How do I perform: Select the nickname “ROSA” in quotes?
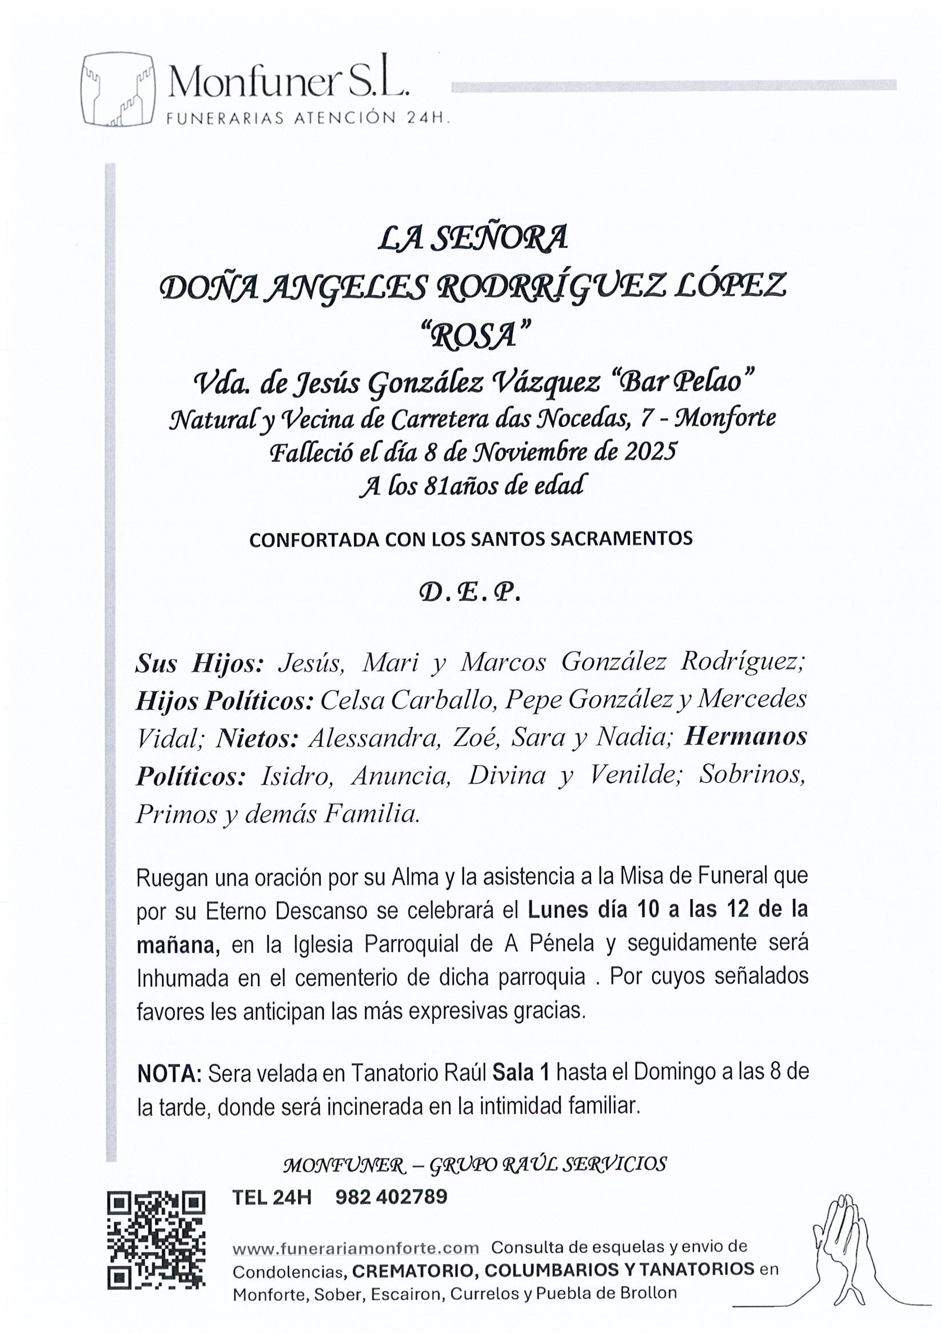[475, 335]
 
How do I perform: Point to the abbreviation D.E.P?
[469, 593]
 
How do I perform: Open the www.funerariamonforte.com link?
[355, 1248]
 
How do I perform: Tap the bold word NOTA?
[169, 1073]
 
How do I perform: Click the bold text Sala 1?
[521, 1072]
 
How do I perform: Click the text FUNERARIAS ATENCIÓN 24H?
[308, 118]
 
